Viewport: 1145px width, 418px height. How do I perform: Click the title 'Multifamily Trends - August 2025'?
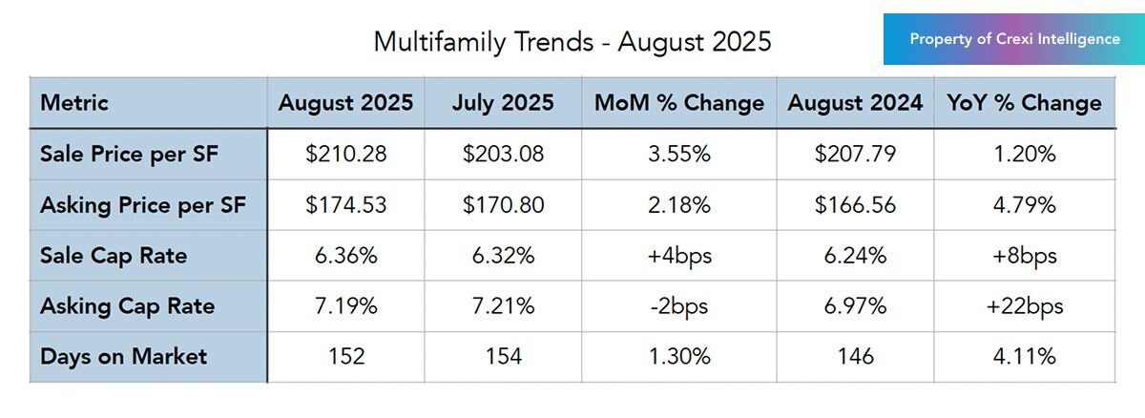tap(572, 42)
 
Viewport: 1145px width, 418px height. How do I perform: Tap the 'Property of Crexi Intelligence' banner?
tap(1013, 39)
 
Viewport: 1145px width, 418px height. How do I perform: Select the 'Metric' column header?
tap(74, 102)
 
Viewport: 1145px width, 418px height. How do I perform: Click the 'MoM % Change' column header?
tap(678, 102)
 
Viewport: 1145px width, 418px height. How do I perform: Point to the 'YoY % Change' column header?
tap(1023, 102)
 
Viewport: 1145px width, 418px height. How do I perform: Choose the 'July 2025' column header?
tap(503, 102)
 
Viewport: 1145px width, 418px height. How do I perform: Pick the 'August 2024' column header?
tap(855, 102)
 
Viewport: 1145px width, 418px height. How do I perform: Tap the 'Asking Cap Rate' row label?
tap(127, 306)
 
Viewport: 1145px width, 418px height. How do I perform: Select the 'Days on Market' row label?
tap(123, 357)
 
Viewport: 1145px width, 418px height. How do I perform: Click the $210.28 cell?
tap(345, 154)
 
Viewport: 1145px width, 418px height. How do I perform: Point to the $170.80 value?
tap(503, 204)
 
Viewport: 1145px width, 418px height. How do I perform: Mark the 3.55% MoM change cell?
tap(678, 154)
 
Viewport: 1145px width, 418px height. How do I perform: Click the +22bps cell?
tap(1023, 306)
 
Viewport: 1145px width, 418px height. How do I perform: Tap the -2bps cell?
tap(678, 306)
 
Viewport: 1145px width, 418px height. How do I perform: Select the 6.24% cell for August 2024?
tap(855, 256)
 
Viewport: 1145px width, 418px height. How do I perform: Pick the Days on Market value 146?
tap(855, 357)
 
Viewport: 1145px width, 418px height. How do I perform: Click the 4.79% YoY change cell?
tap(1023, 204)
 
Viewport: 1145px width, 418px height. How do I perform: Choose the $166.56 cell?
tap(855, 204)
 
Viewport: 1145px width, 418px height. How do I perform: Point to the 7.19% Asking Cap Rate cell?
tap(345, 306)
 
